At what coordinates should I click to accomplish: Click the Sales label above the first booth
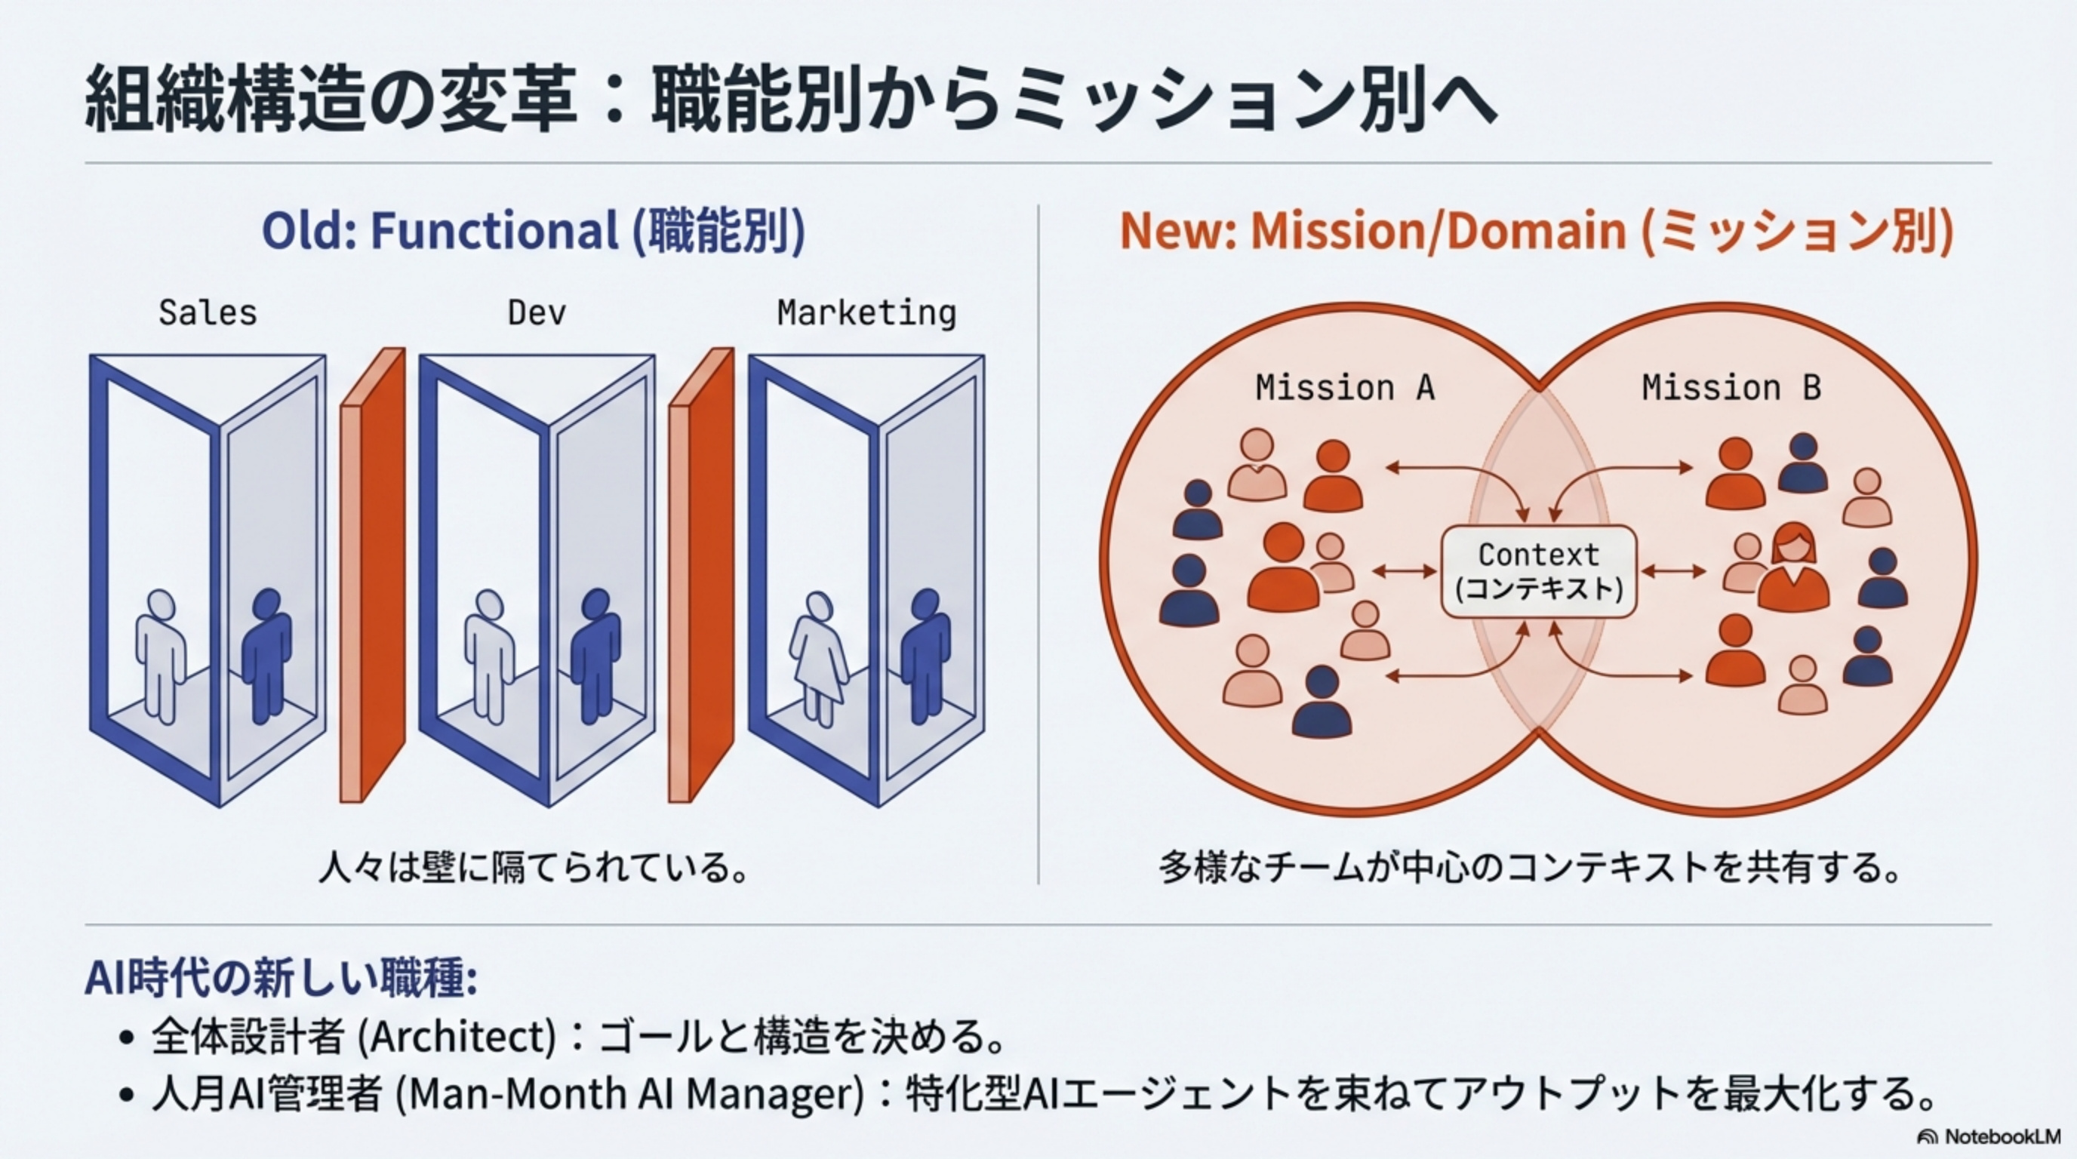208,312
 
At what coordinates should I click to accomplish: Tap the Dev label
536,312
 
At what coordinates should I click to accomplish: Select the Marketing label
866,312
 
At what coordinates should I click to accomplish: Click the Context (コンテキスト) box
1538,571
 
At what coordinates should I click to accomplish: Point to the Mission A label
1345,388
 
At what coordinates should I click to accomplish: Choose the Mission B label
1731,388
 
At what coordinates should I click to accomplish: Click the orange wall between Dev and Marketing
701,576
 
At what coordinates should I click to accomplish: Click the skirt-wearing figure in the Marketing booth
819,657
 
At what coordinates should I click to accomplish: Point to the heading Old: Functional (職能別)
533,232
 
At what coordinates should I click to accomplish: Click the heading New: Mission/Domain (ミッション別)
1536,232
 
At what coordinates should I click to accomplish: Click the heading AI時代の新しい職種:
282,977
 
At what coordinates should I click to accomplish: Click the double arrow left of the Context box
1404,571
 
